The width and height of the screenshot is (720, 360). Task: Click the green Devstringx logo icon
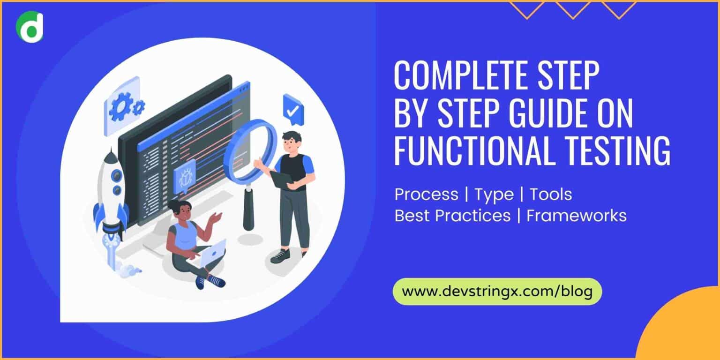point(30,25)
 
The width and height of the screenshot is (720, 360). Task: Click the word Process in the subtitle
point(426,194)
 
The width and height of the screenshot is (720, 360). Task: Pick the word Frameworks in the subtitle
point(577,216)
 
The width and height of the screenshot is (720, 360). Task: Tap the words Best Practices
point(452,216)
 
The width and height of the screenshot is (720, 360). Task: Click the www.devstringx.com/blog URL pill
point(497,291)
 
